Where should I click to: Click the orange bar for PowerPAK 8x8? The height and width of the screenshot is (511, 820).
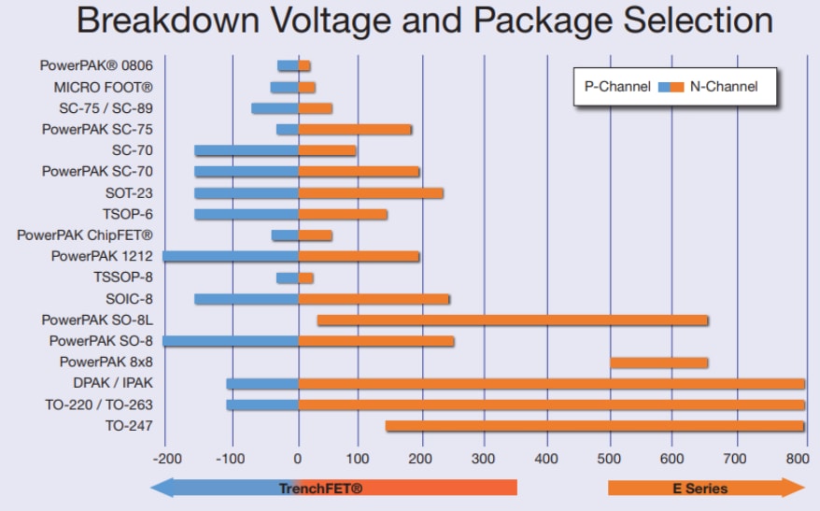pos(658,362)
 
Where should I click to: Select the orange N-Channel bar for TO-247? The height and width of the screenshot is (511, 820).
pos(594,426)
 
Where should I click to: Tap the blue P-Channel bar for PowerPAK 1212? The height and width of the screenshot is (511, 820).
pos(231,256)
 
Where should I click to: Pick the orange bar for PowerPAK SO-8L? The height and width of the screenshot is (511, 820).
pos(512,320)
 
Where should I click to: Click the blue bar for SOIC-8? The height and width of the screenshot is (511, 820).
pos(247,299)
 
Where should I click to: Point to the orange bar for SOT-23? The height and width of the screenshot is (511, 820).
pos(371,193)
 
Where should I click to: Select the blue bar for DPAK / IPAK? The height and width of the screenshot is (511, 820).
pos(262,384)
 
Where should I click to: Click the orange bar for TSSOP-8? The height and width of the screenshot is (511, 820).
pos(306,277)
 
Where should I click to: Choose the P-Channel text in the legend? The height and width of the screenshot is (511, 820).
pos(617,87)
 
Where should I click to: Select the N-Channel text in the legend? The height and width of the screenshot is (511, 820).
pos(724,87)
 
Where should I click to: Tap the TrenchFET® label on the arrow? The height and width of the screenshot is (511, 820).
pos(320,488)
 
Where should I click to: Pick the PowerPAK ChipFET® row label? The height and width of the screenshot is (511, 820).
pos(85,235)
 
